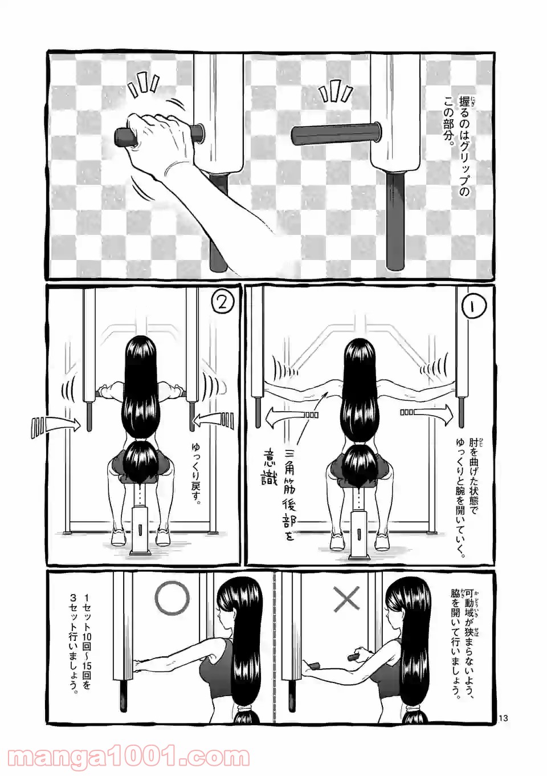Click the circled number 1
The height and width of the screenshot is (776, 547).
coord(475,306)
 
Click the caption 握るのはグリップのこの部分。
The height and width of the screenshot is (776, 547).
coord(456,148)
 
